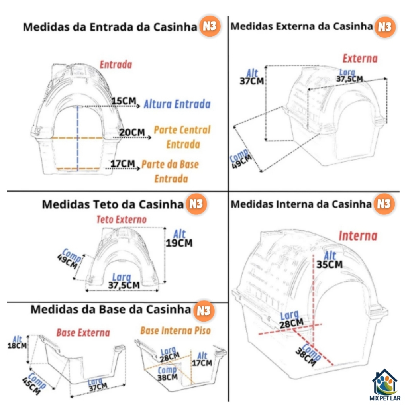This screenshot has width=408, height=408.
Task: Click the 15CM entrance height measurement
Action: [x=124, y=101]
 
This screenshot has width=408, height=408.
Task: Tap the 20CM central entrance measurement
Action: [x=132, y=132]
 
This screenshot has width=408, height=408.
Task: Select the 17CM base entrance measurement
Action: [x=123, y=164]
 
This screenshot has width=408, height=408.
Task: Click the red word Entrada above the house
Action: [x=116, y=65]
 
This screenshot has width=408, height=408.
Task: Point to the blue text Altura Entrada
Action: [x=177, y=104]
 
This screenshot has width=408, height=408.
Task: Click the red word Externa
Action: [x=360, y=59]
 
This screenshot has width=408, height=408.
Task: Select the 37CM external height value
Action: [x=252, y=81]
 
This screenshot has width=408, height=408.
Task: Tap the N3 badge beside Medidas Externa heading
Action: [x=385, y=27]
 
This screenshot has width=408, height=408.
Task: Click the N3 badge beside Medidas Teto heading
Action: [x=196, y=204]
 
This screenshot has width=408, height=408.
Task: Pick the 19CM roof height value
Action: [x=179, y=243]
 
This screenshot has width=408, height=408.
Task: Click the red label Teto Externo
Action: [x=122, y=220]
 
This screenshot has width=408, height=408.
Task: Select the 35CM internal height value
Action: [x=330, y=265]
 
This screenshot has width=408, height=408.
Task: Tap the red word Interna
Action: [x=358, y=236]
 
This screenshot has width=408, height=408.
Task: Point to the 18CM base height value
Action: [x=17, y=346]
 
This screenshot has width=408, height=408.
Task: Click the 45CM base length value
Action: [x=31, y=386]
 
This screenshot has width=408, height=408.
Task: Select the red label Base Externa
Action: [x=83, y=333]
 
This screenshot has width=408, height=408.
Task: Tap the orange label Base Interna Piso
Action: [x=175, y=330]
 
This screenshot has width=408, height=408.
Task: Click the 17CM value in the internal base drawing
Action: [x=202, y=363]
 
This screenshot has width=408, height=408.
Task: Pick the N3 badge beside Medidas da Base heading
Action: [x=204, y=311]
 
